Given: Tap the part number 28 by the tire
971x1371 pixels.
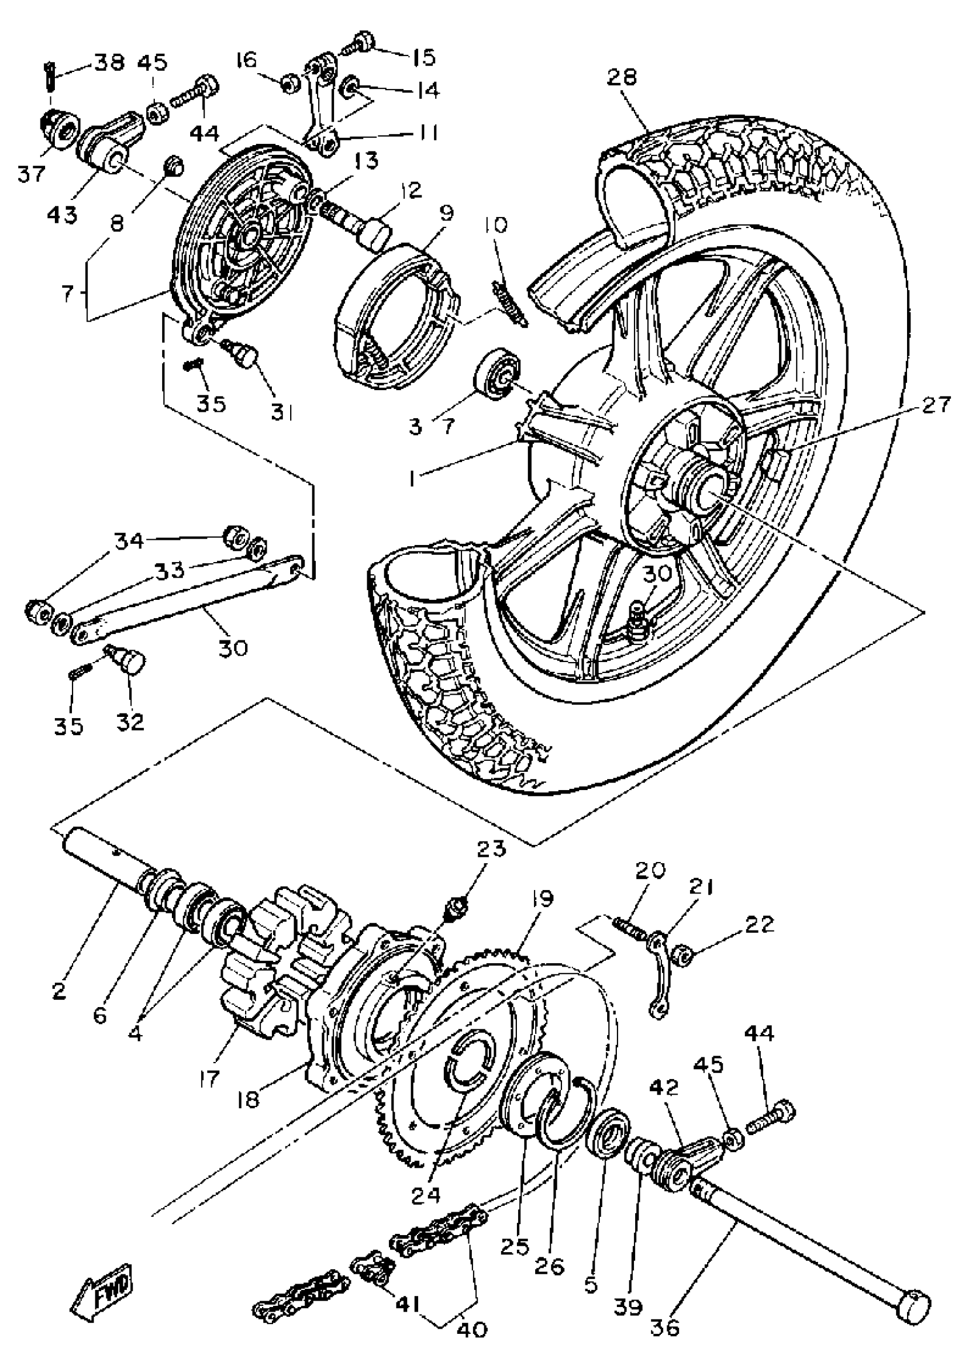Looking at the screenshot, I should pos(623,77).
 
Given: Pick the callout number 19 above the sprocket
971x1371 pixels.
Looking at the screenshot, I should pos(541,899).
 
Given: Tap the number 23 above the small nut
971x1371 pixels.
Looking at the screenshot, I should pos(491,848).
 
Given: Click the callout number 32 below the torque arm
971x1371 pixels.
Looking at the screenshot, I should pos(130,721).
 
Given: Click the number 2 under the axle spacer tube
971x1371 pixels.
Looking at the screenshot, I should pos(58,991).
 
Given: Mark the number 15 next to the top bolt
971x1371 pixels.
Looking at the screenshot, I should pos(422,57).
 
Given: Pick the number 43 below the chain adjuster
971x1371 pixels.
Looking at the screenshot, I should pos(63,214).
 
